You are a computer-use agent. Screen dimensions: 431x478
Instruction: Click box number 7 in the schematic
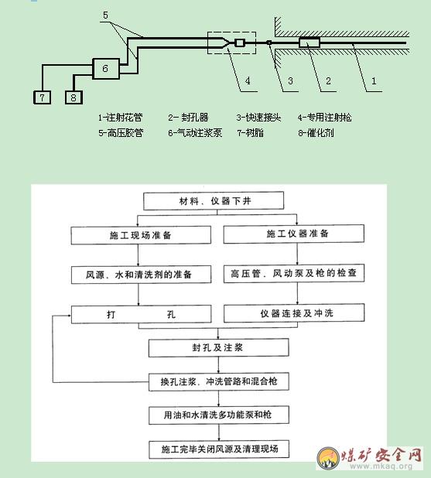[x=42, y=97]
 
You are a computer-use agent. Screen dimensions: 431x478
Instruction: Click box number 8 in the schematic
[x=74, y=97]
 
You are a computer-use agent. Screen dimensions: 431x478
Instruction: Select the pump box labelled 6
[x=106, y=69]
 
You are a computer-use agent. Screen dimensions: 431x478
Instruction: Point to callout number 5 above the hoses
[x=105, y=15]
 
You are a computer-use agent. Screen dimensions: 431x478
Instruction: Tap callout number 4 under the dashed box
[x=248, y=80]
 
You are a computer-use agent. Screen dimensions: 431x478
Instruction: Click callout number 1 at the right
[x=374, y=81]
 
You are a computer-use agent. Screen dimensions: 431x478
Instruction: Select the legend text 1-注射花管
[x=120, y=118]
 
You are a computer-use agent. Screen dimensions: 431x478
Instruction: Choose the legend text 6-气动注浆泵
[x=195, y=133]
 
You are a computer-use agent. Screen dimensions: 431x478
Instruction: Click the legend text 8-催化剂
[x=316, y=133]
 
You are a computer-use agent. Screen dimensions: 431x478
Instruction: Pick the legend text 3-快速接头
[x=258, y=118]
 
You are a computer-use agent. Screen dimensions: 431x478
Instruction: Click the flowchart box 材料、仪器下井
[x=214, y=201]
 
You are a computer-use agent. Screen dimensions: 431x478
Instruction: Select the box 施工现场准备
[x=141, y=235]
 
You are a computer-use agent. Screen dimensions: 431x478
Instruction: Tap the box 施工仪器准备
[x=294, y=234]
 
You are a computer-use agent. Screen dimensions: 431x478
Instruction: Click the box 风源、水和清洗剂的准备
[x=142, y=275]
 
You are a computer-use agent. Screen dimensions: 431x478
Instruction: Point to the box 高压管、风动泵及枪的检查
[x=294, y=273]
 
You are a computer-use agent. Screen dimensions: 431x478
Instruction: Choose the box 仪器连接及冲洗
[x=294, y=313]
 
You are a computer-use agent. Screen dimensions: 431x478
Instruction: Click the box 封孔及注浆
[x=219, y=347]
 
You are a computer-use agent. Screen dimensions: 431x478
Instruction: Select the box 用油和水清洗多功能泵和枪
[x=219, y=415]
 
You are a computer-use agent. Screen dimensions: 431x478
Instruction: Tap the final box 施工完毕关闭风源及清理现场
[x=219, y=449]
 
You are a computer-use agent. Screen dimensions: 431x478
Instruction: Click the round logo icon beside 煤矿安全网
[x=328, y=458]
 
